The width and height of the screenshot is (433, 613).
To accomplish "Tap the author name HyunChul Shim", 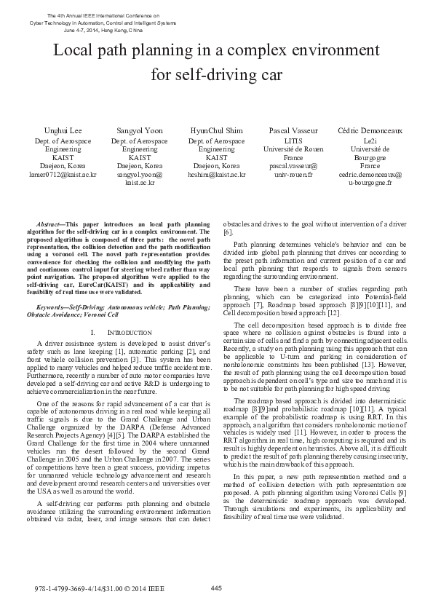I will (x=216, y=131).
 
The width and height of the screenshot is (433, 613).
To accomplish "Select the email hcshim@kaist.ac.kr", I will (x=216, y=175).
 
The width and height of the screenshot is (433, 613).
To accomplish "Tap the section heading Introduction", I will (x=129, y=332).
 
